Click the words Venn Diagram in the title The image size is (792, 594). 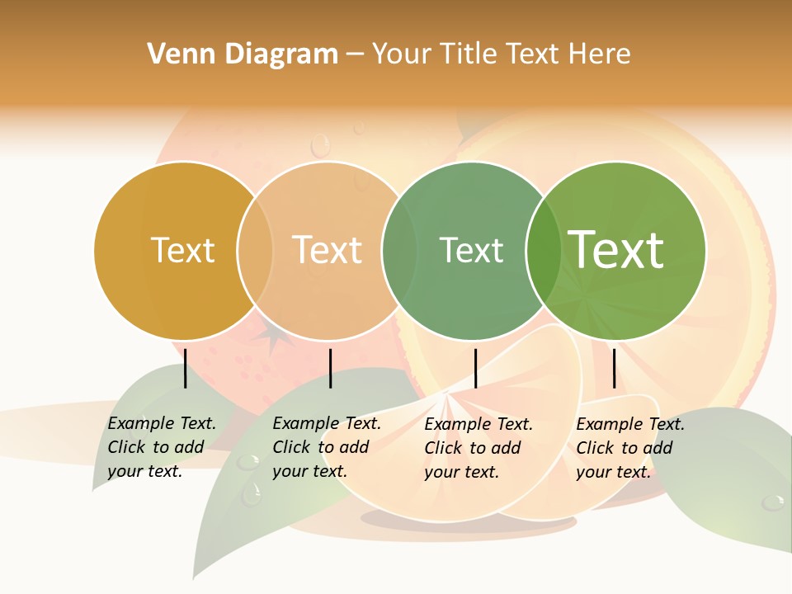point(243,54)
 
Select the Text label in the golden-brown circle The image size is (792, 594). point(183,250)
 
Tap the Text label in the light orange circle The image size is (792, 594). point(328,250)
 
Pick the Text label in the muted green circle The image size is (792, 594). point(471,250)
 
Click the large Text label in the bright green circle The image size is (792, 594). point(616,249)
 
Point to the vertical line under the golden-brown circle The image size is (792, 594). point(185,368)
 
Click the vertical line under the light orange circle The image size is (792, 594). point(330,368)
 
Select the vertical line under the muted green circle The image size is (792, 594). point(475,368)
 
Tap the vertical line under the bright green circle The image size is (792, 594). point(614,368)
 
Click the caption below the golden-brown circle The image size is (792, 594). point(162,447)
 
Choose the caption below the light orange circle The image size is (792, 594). point(327,447)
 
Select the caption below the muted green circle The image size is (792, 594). point(478,447)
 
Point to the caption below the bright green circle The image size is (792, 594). point(630,447)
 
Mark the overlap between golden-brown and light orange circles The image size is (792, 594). point(255,250)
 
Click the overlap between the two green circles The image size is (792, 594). point(543,250)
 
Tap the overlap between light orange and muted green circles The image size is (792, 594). point(399,250)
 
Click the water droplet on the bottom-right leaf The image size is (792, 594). point(773,502)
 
